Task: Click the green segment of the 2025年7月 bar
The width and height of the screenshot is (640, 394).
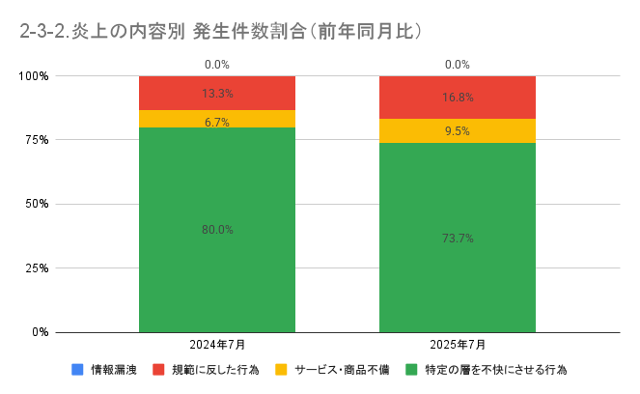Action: (458, 280)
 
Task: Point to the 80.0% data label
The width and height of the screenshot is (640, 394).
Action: (217, 230)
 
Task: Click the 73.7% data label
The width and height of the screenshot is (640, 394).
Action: (458, 238)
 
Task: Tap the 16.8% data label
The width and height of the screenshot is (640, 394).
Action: (458, 97)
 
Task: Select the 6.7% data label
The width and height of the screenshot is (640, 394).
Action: (217, 122)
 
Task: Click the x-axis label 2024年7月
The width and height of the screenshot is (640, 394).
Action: (217, 345)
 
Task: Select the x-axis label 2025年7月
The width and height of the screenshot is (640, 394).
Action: (458, 345)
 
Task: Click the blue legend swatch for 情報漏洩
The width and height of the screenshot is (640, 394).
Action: (77, 370)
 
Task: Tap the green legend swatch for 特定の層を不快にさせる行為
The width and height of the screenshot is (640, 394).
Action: (411, 370)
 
